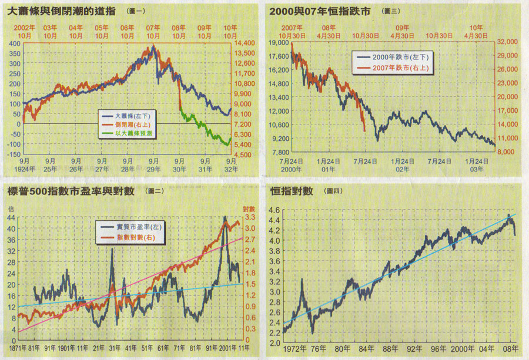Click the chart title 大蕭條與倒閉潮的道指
coord(62,11)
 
